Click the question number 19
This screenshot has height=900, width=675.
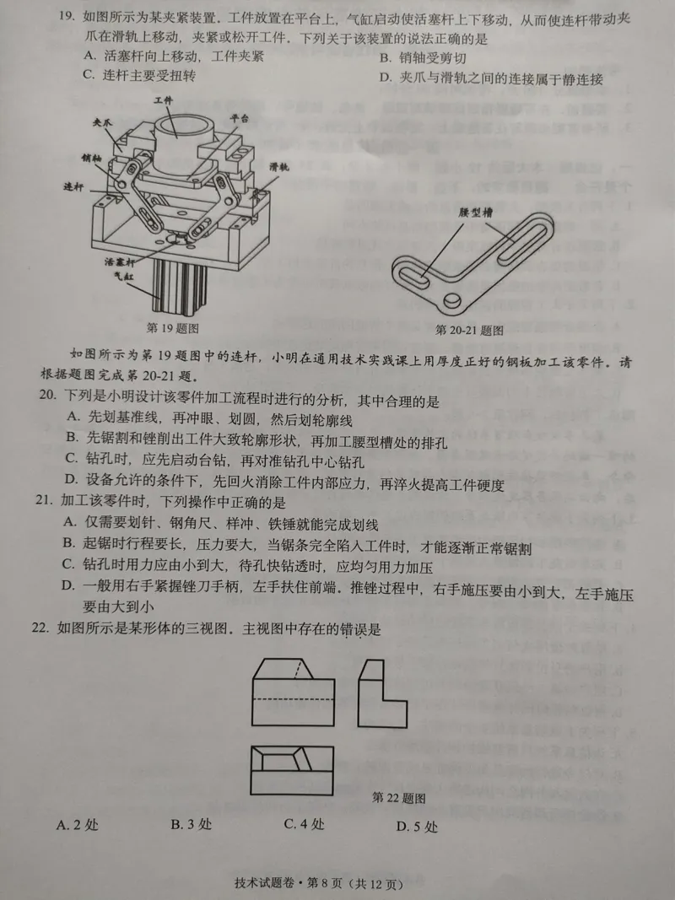click(66, 16)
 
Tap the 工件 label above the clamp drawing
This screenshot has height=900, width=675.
click(163, 100)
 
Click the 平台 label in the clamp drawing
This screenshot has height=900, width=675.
click(239, 118)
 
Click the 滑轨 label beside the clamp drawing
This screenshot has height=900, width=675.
click(279, 168)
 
